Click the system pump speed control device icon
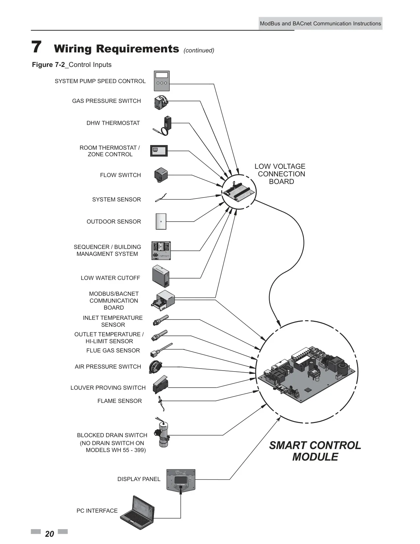pos(162,81)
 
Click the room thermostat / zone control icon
pos(159,151)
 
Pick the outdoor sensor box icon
pos(161,221)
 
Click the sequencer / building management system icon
pos(161,251)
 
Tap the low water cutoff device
pos(161,276)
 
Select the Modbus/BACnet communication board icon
pos(163,300)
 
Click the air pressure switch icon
pos(155,367)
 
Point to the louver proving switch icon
pos(160,385)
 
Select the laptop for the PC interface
pos(137,512)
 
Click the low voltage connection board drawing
pos(239,192)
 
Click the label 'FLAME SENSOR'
pos(120,401)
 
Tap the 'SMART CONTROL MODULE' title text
pos(315,451)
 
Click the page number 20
pos(49,534)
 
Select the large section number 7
pos(36,47)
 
